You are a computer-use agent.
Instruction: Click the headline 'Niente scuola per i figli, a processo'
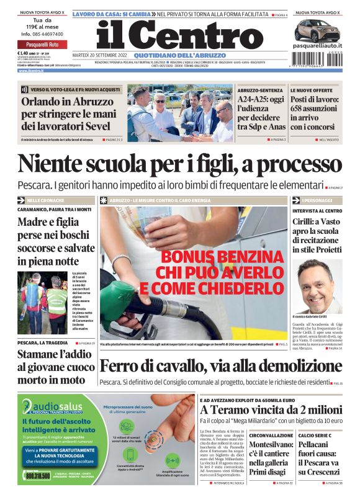pyautogui.click(x=180, y=164)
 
